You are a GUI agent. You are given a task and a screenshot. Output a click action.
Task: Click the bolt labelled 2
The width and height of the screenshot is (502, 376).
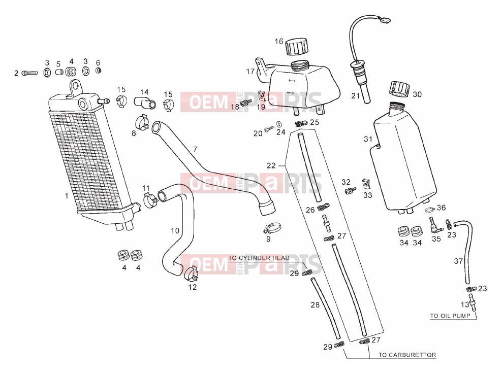click(29, 73)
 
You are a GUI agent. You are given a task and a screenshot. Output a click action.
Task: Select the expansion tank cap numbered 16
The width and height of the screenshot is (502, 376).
click(297, 47)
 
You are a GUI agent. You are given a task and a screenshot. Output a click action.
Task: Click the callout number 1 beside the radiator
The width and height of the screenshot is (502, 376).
click(67, 196)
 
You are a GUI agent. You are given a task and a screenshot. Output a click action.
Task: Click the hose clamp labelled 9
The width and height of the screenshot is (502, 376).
click(272, 228)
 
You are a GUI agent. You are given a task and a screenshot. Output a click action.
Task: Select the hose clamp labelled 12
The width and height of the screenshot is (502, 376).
click(192, 272)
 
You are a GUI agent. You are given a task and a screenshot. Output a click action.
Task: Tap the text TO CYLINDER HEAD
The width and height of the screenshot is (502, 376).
click(259, 258)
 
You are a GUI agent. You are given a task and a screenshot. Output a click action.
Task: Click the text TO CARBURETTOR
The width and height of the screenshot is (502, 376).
click(407, 355)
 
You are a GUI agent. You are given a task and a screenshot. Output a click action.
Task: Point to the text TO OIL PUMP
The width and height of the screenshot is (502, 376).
click(450, 316)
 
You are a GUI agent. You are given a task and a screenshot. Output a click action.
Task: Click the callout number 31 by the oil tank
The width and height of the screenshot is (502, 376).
click(368, 139)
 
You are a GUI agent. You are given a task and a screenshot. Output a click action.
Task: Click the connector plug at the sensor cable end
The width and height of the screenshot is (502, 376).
click(386, 20)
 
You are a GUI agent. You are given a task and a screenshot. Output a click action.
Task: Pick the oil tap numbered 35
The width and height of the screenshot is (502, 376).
click(435, 226)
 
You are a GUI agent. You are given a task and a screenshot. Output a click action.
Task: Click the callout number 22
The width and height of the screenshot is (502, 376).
click(271, 165)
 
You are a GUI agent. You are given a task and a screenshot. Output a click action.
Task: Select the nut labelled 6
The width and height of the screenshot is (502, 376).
click(98, 71)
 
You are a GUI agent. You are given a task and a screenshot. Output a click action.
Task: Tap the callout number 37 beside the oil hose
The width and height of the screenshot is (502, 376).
click(458, 261)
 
